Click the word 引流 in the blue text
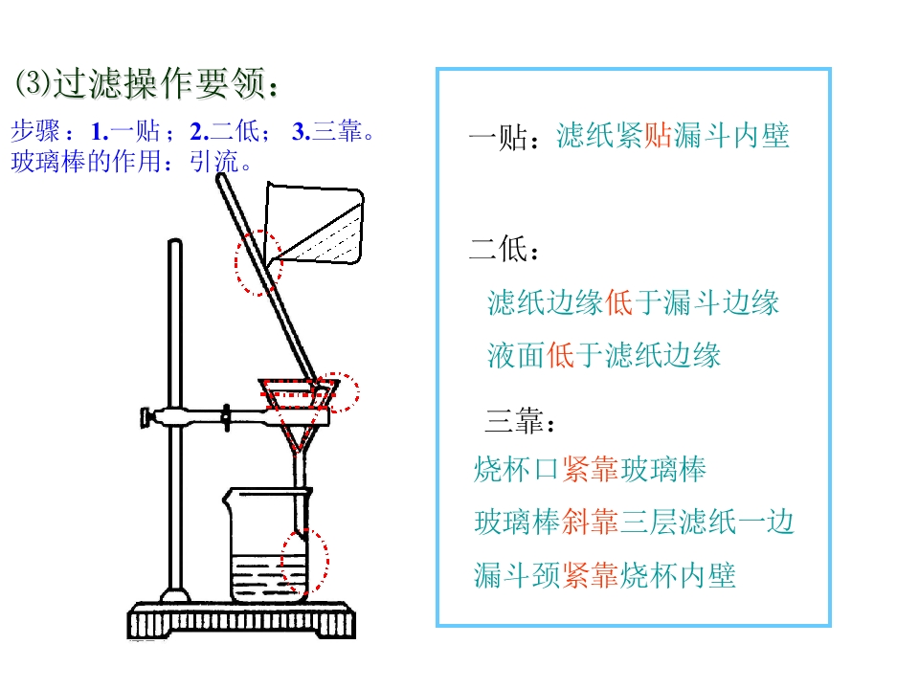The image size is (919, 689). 213,162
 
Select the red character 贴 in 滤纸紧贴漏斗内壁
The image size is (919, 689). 658,135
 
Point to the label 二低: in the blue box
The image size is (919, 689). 503,249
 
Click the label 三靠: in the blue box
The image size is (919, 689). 519,421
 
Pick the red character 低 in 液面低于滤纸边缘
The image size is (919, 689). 560,355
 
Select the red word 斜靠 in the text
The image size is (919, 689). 590,522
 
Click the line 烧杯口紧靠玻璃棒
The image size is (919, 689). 591,469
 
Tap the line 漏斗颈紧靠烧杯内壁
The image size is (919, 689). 605,575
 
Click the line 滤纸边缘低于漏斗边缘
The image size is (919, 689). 633,303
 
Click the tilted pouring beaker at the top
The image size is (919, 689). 315,223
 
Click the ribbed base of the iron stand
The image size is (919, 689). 241,620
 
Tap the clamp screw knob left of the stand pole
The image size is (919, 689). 146,418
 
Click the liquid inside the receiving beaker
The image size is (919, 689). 269,578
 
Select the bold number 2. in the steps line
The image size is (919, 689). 199,132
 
